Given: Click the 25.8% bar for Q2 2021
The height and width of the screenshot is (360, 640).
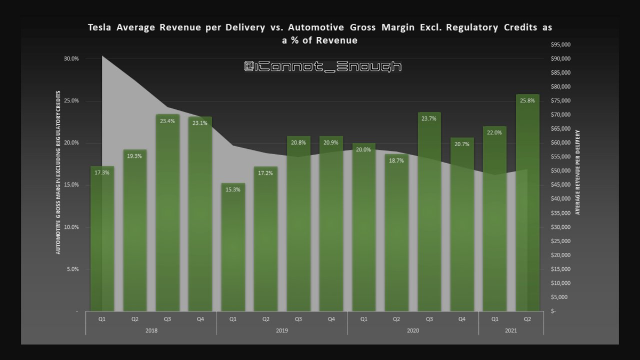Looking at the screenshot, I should [x=527, y=203].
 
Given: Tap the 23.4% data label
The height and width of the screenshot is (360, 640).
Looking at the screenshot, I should [x=167, y=121].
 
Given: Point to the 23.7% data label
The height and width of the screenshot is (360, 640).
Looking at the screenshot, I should [x=429, y=119].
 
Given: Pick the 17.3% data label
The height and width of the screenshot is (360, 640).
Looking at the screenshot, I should [x=102, y=172].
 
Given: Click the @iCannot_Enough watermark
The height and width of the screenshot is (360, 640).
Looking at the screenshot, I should [x=323, y=66].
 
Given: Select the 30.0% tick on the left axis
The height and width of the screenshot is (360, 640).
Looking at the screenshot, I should [x=71, y=59].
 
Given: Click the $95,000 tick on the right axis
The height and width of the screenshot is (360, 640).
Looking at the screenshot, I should [x=562, y=45].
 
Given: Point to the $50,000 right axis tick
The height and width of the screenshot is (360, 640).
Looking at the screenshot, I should [x=562, y=171].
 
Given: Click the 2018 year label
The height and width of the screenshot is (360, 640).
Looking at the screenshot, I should [x=151, y=331].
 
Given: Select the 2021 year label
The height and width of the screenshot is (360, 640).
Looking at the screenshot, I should [x=511, y=331].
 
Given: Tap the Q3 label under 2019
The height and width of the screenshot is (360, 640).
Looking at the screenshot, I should [x=298, y=319].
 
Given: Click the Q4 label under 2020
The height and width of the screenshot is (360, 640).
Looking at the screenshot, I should [x=462, y=319].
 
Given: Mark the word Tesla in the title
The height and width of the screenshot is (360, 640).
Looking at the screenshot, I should [x=101, y=27].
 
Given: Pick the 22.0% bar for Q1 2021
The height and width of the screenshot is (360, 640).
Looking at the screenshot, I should [x=494, y=219].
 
